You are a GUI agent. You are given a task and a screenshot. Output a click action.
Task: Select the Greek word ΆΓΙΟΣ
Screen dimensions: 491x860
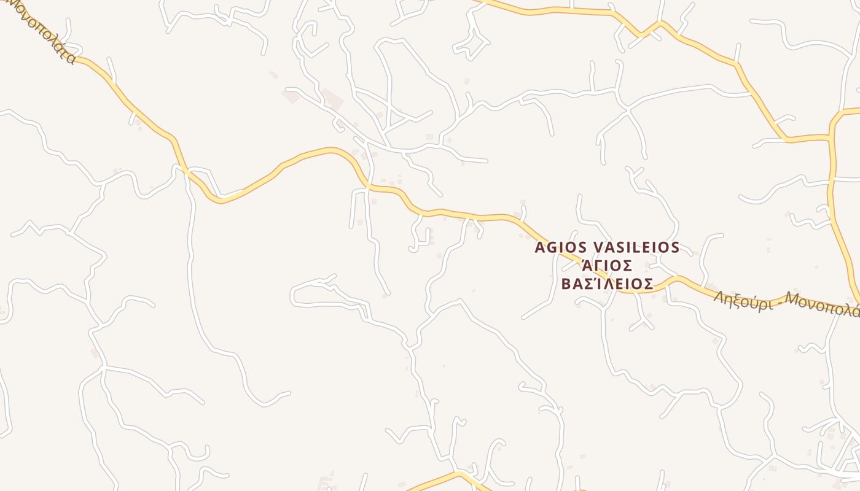click(607, 266)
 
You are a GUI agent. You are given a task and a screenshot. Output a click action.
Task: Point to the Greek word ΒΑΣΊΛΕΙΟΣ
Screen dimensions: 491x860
click(607, 284)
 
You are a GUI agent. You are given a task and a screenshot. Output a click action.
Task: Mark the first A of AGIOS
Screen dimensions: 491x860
click(540, 247)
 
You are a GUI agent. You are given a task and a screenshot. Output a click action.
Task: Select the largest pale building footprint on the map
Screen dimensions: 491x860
click(332, 98)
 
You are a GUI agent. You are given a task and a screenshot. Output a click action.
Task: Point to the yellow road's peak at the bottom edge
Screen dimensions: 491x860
click(458, 474)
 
